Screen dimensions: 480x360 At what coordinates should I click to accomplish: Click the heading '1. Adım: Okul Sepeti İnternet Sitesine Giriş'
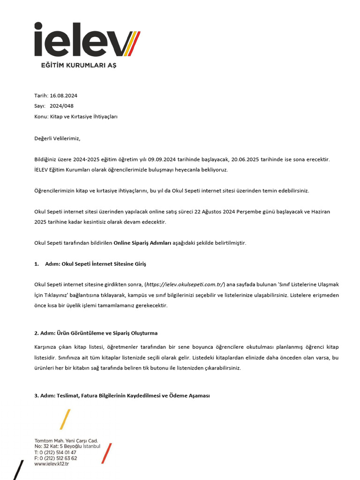click(x=90, y=264)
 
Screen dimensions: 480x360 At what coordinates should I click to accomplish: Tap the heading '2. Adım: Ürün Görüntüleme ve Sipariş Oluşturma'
click(x=96, y=333)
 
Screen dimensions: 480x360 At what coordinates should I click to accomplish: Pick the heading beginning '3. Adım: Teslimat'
click(x=122, y=396)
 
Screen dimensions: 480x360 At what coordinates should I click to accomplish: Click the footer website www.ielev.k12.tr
click(x=52, y=464)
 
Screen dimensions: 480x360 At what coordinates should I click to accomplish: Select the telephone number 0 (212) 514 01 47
click(x=58, y=452)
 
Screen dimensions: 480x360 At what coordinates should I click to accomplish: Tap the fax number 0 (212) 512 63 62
click(x=58, y=458)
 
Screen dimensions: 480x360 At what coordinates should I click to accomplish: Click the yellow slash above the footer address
click(x=65, y=419)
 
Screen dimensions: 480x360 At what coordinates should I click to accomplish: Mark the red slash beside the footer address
click(x=106, y=453)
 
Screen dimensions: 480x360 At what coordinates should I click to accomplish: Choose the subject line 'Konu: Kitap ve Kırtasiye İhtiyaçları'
click(x=76, y=116)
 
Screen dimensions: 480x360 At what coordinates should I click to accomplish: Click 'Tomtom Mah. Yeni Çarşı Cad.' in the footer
click(x=66, y=441)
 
